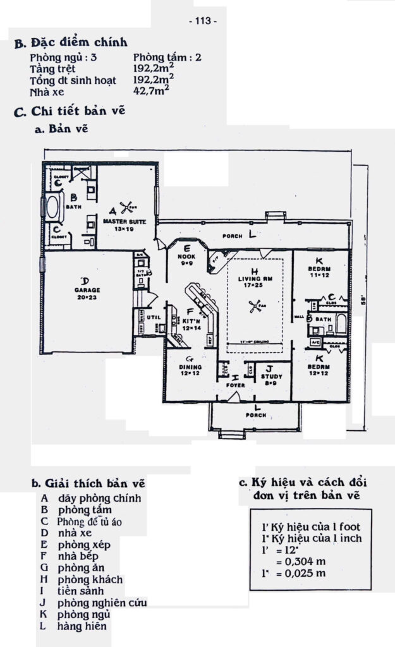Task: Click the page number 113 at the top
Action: pos(203,21)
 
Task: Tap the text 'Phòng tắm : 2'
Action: pos(167,57)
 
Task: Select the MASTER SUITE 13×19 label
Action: pos(128,226)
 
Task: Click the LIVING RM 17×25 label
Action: pos(255,281)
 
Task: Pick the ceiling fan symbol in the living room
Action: pos(255,308)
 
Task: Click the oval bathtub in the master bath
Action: pos(50,207)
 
